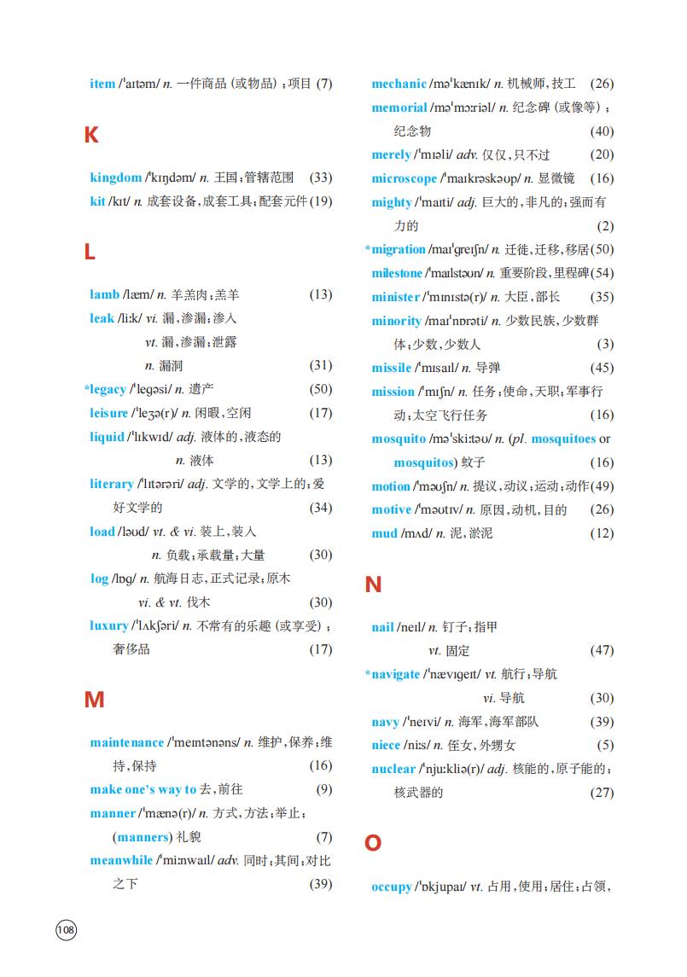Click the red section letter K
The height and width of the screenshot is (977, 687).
pos(91,135)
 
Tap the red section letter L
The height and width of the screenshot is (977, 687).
pos(90,253)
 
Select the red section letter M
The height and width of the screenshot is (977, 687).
pos(94,701)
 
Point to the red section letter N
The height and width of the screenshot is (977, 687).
pos(373,585)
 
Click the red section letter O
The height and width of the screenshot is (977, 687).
pos(373,844)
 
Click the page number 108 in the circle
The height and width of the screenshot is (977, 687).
pos(66,929)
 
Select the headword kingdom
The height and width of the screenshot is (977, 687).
pos(116,177)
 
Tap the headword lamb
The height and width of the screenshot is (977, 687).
pos(104,294)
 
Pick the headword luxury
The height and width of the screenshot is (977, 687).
pos(109,625)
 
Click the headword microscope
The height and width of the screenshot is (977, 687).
pos(404,178)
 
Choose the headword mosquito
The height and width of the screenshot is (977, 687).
pos(399,439)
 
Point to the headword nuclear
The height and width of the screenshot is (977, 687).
pos(393,769)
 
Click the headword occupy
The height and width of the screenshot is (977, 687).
pos(392,887)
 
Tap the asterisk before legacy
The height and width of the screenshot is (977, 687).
pos(87,388)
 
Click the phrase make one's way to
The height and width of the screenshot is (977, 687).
pos(143,789)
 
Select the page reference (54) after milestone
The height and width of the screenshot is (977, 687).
pos(602,273)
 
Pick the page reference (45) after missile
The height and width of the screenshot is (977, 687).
pos(602,368)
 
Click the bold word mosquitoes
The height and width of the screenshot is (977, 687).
pos(563,439)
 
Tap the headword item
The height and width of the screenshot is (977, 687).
pos(102,84)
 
